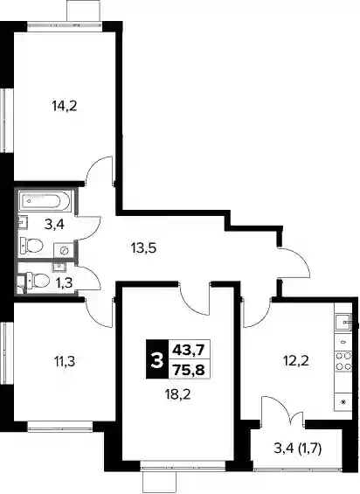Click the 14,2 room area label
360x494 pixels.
[x=65, y=107]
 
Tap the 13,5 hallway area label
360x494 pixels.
[x=144, y=248]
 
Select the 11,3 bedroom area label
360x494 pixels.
[x=65, y=361]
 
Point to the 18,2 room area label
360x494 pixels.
[x=178, y=393]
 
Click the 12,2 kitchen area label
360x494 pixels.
[x=296, y=360]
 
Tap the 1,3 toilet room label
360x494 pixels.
[x=65, y=283]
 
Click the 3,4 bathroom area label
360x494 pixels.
[x=54, y=225]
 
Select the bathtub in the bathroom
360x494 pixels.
[x=44, y=201]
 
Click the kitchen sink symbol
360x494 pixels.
[x=343, y=322]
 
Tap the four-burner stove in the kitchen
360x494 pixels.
[x=343, y=361]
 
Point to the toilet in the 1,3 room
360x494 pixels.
[x=38, y=281]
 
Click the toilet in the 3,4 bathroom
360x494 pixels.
[x=31, y=246]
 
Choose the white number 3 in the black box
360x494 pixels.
[x=157, y=359]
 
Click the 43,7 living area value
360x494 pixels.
[x=190, y=350]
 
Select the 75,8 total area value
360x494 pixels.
[x=190, y=369]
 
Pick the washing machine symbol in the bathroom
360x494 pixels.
[x=65, y=250]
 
